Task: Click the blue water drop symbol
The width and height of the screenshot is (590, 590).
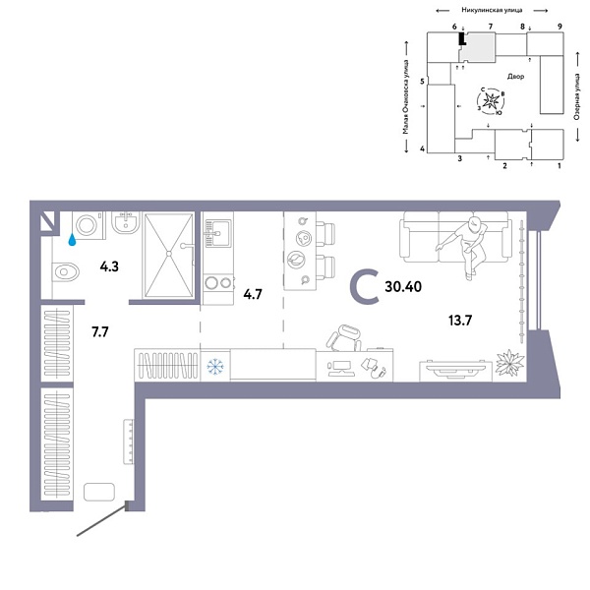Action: [x=72, y=237]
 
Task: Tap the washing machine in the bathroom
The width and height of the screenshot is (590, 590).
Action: [x=87, y=226]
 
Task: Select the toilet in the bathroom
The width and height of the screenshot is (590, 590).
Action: [x=67, y=271]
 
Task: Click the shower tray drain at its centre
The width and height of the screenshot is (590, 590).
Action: [x=168, y=253]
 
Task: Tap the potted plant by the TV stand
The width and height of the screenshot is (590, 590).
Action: [x=509, y=364]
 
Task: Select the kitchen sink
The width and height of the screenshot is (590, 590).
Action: [x=216, y=233]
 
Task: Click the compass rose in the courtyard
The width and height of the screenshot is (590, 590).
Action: [x=493, y=101]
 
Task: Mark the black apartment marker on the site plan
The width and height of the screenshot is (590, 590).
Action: [x=460, y=39]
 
